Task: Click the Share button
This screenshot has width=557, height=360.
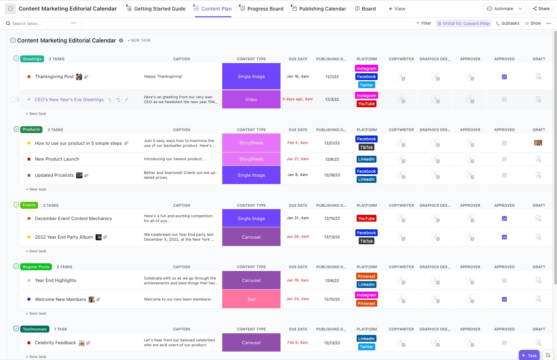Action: point(541,8)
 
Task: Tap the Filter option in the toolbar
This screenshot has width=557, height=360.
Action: point(423,23)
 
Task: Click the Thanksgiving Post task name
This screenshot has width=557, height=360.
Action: point(54,76)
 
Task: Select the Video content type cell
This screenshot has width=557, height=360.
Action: point(251,100)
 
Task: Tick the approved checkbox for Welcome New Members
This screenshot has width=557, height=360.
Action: point(504,299)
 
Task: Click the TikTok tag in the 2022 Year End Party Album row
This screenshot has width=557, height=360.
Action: point(366,241)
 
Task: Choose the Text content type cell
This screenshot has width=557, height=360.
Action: point(251,299)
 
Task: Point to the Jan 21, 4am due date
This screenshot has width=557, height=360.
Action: point(298,159)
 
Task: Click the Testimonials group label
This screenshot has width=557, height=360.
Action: point(35,329)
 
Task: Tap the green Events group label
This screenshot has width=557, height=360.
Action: point(29,205)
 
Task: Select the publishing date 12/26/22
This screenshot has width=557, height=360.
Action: point(332,175)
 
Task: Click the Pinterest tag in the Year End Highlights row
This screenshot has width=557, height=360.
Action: point(366,276)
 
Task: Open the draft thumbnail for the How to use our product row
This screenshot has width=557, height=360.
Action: point(538,143)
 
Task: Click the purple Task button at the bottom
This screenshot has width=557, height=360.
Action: point(529,356)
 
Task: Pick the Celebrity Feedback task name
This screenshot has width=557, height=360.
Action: point(55,343)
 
